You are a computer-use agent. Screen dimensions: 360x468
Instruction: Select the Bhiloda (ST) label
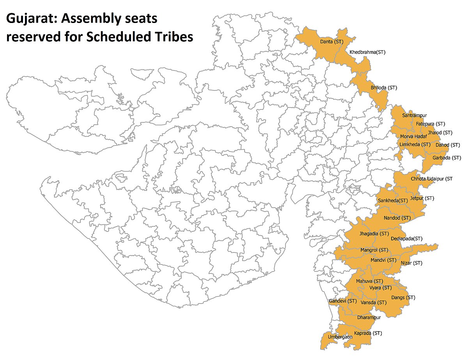[384, 88]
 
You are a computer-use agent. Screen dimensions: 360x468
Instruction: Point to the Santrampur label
[415, 116]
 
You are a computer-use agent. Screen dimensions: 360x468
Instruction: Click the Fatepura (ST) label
[431, 124]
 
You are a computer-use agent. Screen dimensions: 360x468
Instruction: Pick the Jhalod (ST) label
[440, 133]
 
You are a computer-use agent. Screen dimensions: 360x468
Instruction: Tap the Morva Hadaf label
[413, 136]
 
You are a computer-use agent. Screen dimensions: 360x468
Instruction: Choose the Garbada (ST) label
[447, 158]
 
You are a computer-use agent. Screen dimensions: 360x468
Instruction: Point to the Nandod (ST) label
[397, 218]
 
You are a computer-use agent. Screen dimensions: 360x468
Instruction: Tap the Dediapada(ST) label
[407, 238]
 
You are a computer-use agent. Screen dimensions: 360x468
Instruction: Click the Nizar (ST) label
[411, 263]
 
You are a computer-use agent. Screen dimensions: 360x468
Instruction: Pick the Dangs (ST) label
[403, 298]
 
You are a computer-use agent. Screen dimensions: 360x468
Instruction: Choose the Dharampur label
[369, 318]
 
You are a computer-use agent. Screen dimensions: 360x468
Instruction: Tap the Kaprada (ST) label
[368, 333]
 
